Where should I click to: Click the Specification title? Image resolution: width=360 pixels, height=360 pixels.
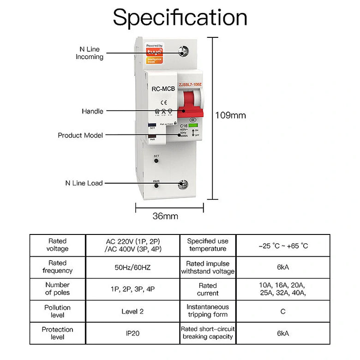click(180, 18)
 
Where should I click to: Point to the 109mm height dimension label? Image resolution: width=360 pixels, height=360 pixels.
click(231, 115)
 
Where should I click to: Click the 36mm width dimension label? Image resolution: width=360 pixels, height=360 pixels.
click(165, 216)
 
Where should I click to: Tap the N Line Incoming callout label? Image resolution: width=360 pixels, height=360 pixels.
click(90, 53)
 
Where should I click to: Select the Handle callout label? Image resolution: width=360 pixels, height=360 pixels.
click(92, 111)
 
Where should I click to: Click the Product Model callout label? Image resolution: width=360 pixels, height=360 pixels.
click(80, 135)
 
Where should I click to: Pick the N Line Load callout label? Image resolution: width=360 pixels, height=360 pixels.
click(84, 183)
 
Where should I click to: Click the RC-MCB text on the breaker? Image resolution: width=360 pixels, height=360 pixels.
click(163, 89)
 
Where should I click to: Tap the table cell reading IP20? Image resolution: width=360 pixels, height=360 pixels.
click(132, 333)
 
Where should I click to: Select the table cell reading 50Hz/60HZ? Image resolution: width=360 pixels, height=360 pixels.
click(132, 267)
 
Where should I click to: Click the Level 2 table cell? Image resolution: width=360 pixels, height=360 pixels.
click(132, 311)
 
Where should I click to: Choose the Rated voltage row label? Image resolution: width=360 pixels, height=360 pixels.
click(58, 245)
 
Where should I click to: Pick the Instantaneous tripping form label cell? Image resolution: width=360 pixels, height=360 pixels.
click(207, 311)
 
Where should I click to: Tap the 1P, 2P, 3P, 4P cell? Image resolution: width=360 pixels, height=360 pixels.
click(132, 289)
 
